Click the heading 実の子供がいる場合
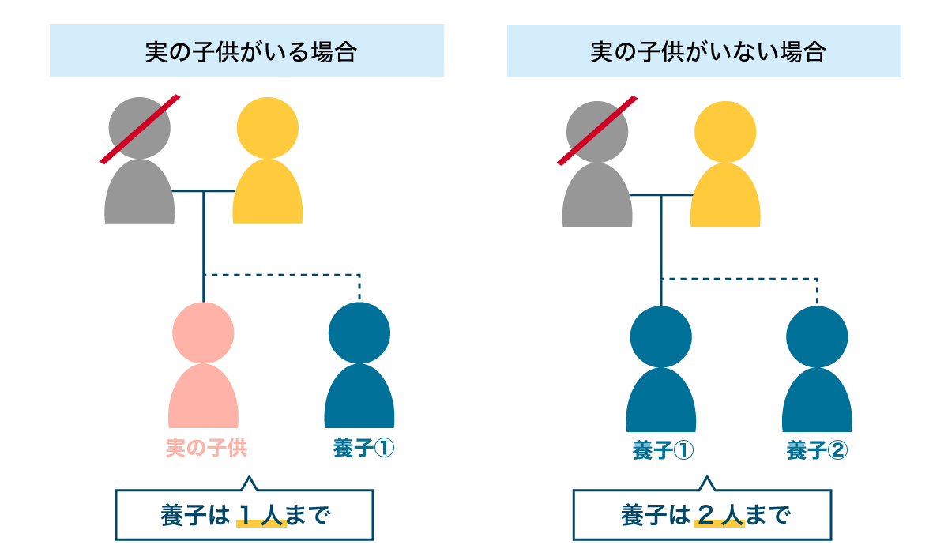coord(250,52)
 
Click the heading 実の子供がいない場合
coord(708,52)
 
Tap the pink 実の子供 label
coord(206,449)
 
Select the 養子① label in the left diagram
coord(363,449)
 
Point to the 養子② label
coord(817,450)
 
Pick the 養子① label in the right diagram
coord(663,450)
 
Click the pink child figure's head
coord(203,333)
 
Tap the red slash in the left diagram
coord(140,129)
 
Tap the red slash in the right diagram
coord(597,130)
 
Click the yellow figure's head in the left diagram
coord(268,128)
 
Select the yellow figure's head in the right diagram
coord(725,132)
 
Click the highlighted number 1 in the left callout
coord(246,516)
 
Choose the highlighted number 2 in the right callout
coord(705,516)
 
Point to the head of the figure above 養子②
coord(817,337)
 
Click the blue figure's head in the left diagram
coord(359,333)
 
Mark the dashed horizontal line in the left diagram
coord(282,275)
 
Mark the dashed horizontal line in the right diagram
coord(739,279)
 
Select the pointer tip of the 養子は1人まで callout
coord(250,477)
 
